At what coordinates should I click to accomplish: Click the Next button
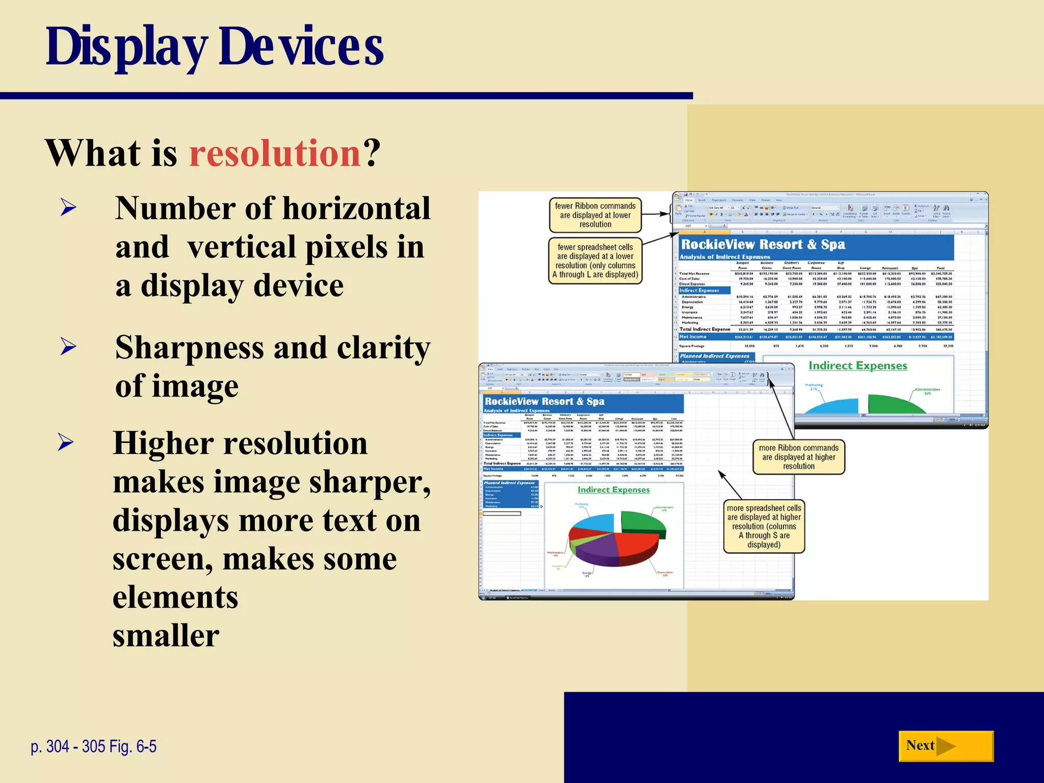(x=945, y=746)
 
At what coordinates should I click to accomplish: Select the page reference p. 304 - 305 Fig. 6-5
(x=93, y=746)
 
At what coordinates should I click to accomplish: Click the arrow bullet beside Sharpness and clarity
(x=68, y=347)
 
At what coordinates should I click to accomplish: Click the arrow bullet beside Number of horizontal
(x=68, y=208)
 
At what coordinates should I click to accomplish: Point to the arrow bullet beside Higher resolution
(x=66, y=442)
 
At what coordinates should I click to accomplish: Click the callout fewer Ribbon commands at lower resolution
(x=595, y=215)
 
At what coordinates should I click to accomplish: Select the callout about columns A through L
(x=595, y=260)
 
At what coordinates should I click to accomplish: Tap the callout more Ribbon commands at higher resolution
(x=798, y=457)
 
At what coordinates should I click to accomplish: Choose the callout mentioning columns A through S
(x=764, y=526)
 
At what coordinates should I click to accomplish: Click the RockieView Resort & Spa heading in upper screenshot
(x=763, y=245)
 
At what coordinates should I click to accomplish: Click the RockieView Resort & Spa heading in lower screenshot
(x=544, y=402)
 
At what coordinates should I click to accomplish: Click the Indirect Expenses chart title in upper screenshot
(x=857, y=366)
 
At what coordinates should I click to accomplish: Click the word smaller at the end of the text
(x=166, y=635)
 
